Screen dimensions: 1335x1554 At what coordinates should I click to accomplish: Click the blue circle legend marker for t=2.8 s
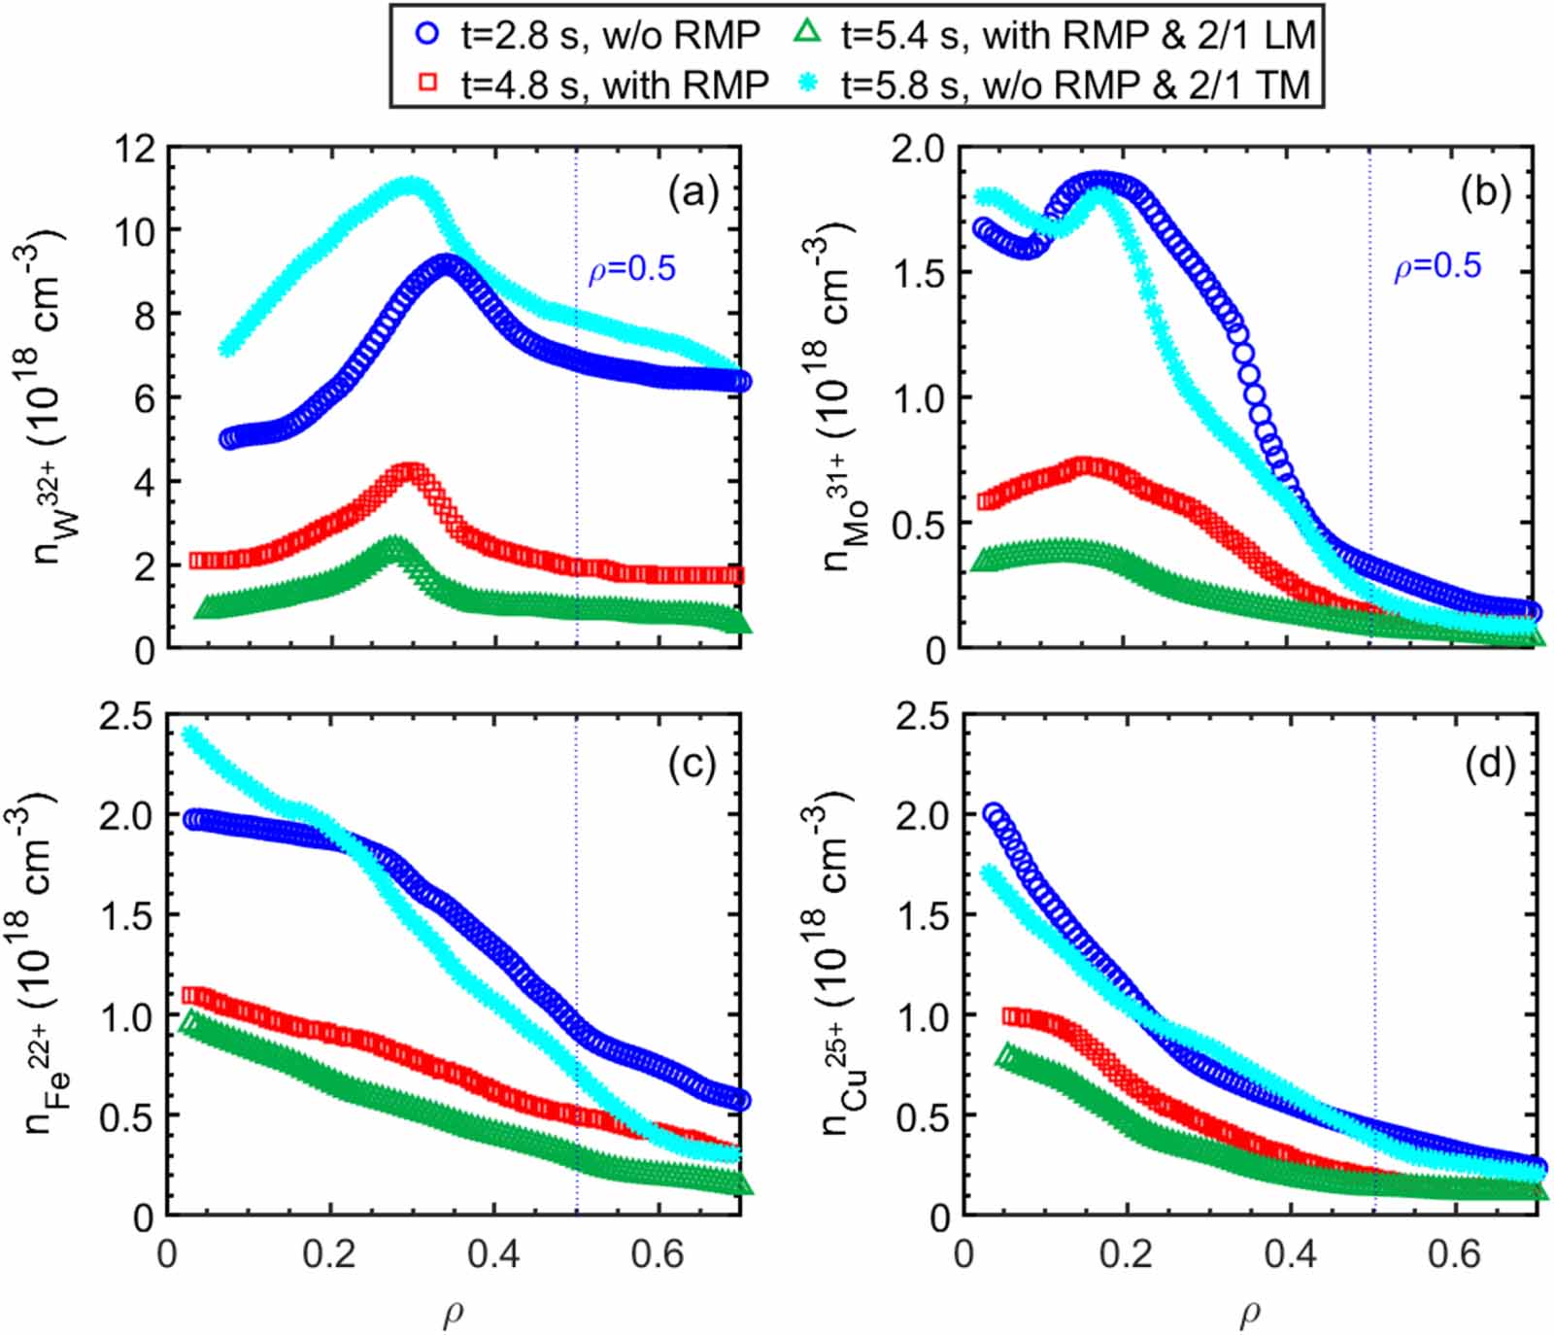point(426,34)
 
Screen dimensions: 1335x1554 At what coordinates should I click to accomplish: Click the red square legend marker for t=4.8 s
point(426,84)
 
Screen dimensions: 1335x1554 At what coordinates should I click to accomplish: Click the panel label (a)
point(693,193)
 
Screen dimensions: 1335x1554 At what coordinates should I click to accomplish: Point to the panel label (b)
point(1486,193)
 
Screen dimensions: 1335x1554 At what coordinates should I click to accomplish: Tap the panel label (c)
point(693,765)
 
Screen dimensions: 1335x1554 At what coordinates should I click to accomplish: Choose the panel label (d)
point(1489,765)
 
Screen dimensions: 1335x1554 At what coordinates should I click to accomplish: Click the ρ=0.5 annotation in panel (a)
point(631,269)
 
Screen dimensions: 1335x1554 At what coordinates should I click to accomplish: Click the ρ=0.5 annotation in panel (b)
point(1437,266)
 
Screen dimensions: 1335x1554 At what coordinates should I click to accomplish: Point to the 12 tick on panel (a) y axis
point(134,149)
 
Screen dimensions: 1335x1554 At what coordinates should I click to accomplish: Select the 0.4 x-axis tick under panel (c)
point(493,1254)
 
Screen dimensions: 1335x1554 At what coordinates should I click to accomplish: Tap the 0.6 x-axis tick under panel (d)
point(1454,1254)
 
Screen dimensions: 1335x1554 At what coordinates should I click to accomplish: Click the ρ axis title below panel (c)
point(453,1314)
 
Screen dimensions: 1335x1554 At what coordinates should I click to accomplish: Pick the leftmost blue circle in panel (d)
point(993,813)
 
